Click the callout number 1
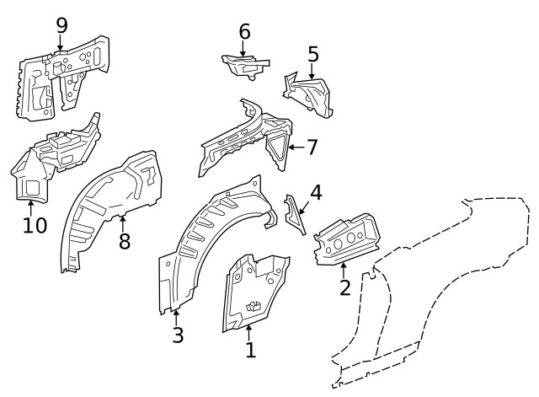point(250,349)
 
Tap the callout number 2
point(344,287)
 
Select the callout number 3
point(177,335)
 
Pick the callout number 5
point(313,55)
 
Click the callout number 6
point(244,32)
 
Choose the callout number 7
point(312,148)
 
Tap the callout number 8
point(124,241)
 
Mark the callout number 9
point(61,25)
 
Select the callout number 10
point(34,226)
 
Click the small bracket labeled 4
point(294,212)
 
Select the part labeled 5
point(310,95)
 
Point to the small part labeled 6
point(244,63)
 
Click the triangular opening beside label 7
point(277,148)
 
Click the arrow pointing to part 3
point(175,315)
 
